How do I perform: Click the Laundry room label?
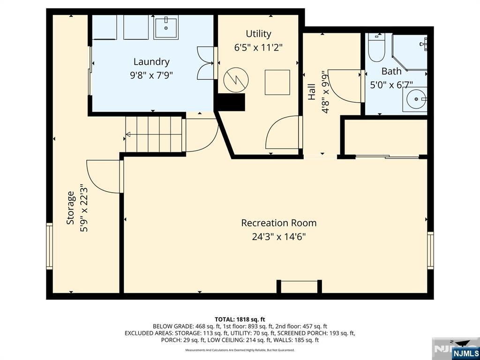coord(151,61)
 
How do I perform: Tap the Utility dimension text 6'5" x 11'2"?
coord(258,47)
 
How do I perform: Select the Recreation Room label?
coord(278,223)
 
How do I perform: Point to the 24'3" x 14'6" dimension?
coord(278,237)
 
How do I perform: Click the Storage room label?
coord(70,207)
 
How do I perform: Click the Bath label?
coord(391,71)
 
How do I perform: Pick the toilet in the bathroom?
coord(376,48)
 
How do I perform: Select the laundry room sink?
coord(165,28)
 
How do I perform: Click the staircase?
coord(153,135)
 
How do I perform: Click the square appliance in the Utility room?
coord(277,82)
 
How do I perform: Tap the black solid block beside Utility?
coord(231,102)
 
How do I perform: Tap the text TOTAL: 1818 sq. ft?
coord(240,319)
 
